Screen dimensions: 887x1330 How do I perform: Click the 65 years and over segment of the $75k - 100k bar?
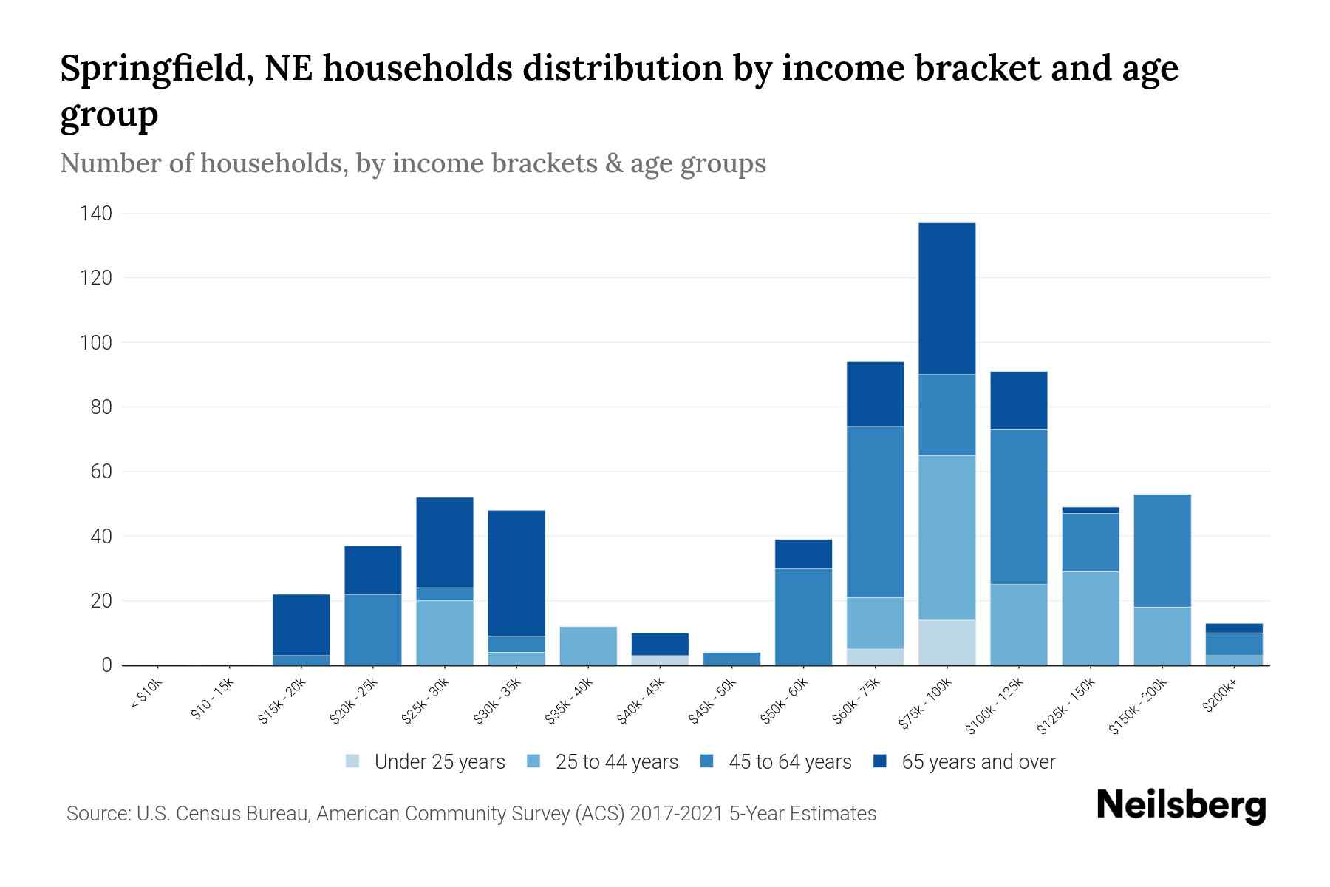[x=947, y=299]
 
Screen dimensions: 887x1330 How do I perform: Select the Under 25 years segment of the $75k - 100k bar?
[x=947, y=642]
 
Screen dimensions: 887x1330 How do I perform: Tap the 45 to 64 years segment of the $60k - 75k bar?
[x=875, y=512]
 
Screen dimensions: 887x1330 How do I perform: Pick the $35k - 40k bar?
[x=588, y=646]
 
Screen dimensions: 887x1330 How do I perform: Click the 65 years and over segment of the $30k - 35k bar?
[x=516, y=573]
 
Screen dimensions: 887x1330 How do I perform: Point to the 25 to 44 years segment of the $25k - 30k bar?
[x=445, y=633]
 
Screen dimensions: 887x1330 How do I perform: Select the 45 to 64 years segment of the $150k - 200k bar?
[x=1162, y=551]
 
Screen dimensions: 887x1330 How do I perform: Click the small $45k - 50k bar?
[x=731, y=659]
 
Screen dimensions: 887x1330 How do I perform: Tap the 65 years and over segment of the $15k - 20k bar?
[x=301, y=625]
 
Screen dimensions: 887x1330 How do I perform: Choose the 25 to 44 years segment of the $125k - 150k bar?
[x=1090, y=618]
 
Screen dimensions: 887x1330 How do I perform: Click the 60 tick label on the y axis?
[x=101, y=472]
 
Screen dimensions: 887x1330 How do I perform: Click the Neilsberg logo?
[x=1181, y=806]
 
